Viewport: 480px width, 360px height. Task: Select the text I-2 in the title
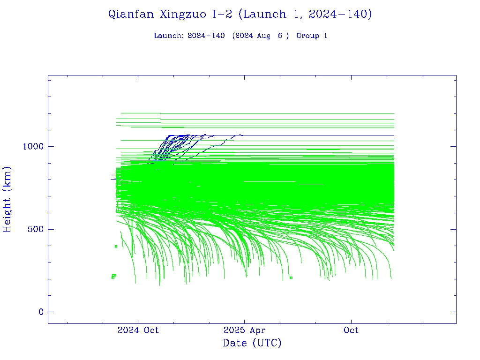[x=222, y=14]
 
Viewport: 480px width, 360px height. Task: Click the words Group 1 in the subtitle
[x=312, y=36]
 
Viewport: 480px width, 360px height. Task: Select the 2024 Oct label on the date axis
[x=138, y=330]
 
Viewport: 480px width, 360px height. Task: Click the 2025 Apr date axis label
[x=244, y=330]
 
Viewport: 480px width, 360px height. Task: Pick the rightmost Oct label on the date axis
[x=351, y=330]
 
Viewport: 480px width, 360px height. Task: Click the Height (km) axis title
[x=8, y=199]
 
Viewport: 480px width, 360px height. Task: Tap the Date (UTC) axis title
[x=252, y=343]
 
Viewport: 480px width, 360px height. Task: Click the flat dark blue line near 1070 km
[x=328, y=135]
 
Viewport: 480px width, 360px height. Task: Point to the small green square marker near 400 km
[x=116, y=247]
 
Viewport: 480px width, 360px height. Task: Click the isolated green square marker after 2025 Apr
[x=291, y=277]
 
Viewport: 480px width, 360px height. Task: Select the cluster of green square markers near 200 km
[x=113, y=276]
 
